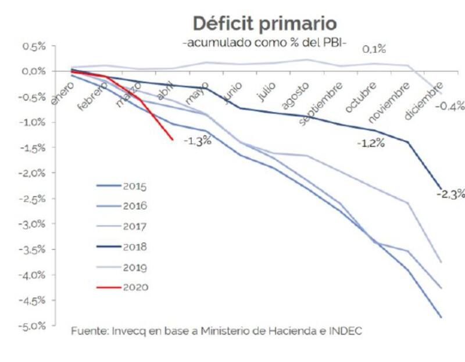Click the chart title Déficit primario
[x=264, y=24]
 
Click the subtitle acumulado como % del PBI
[x=264, y=44]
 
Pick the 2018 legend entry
[x=135, y=247]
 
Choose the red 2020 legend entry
[x=135, y=287]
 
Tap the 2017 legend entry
[x=135, y=227]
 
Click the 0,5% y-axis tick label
[x=34, y=46]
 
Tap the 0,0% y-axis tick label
[x=34, y=71]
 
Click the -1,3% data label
[x=197, y=141]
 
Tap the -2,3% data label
[x=451, y=193]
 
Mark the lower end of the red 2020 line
[x=173, y=139]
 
